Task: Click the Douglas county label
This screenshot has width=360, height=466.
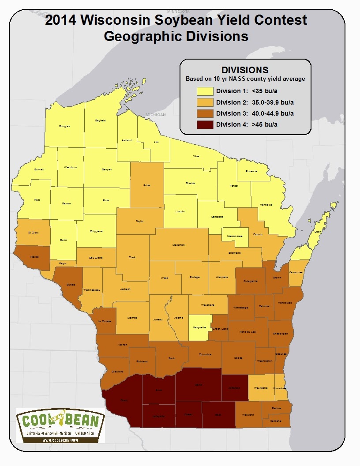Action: [64, 126]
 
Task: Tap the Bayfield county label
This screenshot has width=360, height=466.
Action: [100, 120]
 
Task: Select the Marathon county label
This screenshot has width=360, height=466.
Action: [178, 245]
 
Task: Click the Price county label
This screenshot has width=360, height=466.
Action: [147, 186]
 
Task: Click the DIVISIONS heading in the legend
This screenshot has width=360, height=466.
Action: [245, 70]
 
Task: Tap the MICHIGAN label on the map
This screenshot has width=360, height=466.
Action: [155, 115]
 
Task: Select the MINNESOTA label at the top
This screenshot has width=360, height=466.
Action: [178, 11]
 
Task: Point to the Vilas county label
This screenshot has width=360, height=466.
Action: [196, 156]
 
